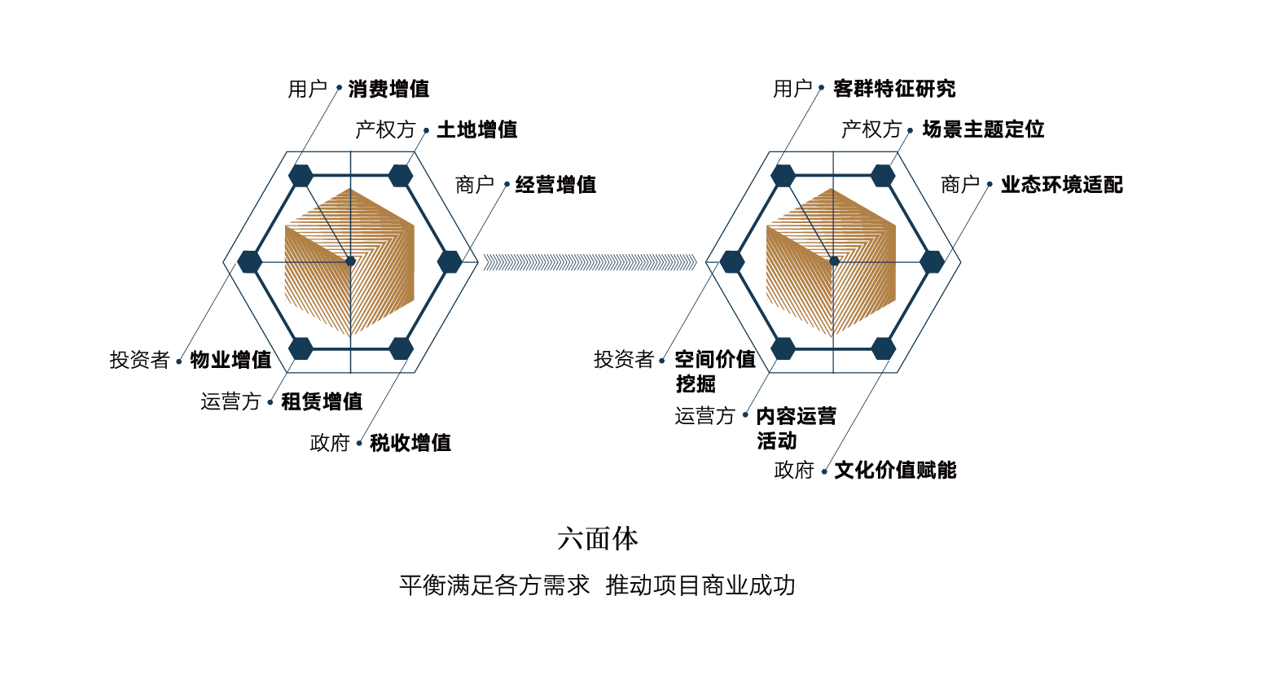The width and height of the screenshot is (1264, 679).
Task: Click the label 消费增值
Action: (388, 89)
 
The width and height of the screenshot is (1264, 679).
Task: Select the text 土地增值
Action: (477, 129)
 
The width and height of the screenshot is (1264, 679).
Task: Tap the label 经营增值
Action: (555, 185)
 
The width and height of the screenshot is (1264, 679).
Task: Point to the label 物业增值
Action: (230, 360)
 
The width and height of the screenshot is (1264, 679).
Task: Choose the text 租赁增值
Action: (322, 401)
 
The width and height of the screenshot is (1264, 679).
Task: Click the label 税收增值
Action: (410, 443)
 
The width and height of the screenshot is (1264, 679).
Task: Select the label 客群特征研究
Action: (894, 89)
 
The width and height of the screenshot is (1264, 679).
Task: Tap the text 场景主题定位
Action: (983, 129)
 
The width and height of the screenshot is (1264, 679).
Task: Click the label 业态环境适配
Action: (1061, 185)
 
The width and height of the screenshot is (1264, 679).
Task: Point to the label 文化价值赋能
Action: (895, 470)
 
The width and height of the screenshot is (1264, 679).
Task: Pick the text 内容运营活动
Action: (796, 428)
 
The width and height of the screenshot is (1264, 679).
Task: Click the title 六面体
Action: (598, 538)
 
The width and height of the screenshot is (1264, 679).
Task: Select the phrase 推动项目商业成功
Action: (700, 585)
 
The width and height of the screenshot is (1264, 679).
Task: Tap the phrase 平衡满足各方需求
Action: (494, 585)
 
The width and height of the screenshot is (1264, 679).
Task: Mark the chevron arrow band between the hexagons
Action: (590, 262)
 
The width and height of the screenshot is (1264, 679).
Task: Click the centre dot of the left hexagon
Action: (351, 261)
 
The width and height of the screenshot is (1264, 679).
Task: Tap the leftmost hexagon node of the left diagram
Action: (250, 262)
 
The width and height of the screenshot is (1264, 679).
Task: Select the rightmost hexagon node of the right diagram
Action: (933, 262)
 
